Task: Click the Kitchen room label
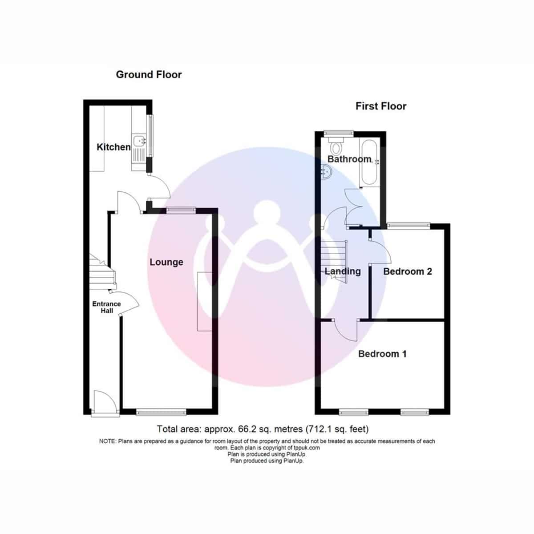coord(113,147)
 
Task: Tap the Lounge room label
coord(166,262)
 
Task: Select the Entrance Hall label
coord(107,307)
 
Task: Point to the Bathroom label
coord(349,159)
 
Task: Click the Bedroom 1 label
coord(382,354)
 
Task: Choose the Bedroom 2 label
coord(407,271)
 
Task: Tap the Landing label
coord(343,271)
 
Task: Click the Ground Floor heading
coord(149,75)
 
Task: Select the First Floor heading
coord(381,106)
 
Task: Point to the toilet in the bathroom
coord(336,146)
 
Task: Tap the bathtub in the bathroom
coord(369,162)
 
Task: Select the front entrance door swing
coord(105,400)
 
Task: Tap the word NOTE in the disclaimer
coord(108,441)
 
